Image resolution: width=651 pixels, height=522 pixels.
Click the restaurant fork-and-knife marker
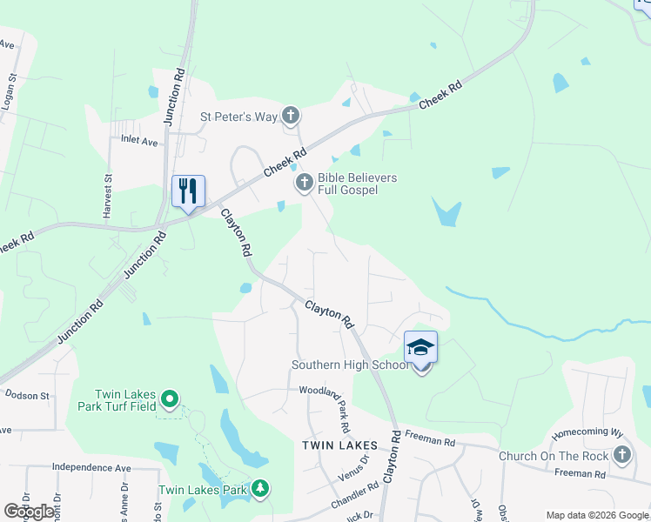(188, 191)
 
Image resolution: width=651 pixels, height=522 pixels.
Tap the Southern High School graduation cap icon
(420, 348)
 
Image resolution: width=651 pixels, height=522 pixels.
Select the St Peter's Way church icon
(291, 115)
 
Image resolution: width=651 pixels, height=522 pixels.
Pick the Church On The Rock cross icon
(621, 454)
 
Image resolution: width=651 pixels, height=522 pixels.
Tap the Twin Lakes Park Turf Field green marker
(170, 399)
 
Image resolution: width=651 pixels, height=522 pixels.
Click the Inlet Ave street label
(139, 139)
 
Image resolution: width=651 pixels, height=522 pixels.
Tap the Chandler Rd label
(352, 499)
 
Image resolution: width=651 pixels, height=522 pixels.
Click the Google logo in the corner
(30, 512)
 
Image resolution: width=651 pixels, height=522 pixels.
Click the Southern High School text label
(350, 365)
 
